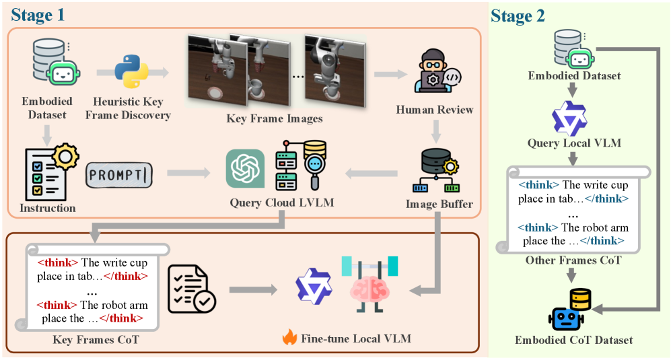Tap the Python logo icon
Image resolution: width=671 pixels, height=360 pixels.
point(131,71)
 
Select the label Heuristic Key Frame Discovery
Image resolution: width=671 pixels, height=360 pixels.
point(133,108)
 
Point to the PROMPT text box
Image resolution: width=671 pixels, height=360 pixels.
point(119,174)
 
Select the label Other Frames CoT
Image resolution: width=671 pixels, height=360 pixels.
point(571,260)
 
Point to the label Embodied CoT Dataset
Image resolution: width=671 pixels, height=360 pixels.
point(574,340)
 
